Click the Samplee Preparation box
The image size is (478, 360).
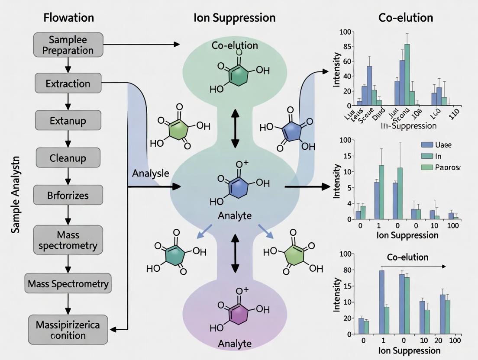pyautogui.click(x=68, y=45)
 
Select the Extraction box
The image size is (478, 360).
pyautogui.click(x=68, y=83)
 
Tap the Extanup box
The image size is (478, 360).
pyautogui.click(x=68, y=121)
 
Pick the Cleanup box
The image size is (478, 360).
pyautogui.click(x=68, y=158)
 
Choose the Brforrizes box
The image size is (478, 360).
pyautogui.click(x=68, y=196)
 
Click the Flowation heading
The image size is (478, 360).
pyautogui.click(x=68, y=18)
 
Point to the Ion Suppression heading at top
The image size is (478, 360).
pyautogui.click(x=235, y=18)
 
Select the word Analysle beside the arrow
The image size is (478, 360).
pyautogui.click(x=151, y=173)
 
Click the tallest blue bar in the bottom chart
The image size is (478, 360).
pyautogui.click(x=382, y=302)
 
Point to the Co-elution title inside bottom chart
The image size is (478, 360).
pyautogui.click(x=407, y=257)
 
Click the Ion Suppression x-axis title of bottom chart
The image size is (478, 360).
pyautogui.click(x=407, y=350)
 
